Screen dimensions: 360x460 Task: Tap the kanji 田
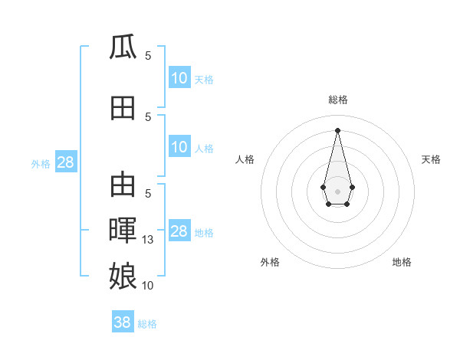tap(123, 108)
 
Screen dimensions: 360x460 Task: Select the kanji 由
tap(123, 185)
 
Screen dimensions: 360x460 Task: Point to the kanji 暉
tap(123, 230)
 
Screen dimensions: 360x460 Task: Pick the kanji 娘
tap(123, 274)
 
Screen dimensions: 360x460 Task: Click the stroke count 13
tap(148, 240)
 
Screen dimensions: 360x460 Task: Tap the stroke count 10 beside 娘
tap(148, 285)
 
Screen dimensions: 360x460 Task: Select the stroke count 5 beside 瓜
tap(148, 56)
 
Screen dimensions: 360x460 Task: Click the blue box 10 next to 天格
tap(179, 78)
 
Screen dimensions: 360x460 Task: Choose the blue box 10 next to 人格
tap(179, 147)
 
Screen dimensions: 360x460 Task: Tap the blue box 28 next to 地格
tap(179, 231)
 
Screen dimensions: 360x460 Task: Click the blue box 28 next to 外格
tap(65, 162)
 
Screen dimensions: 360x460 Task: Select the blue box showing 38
tap(123, 322)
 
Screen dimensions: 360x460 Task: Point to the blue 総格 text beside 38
tap(147, 324)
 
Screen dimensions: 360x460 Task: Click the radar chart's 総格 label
tap(337, 100)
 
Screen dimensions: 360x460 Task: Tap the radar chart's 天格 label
tap(431, 159)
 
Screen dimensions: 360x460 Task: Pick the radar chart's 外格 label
tap(270, 262)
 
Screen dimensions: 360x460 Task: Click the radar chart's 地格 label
tap(402, 262)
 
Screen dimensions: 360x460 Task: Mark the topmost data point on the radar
tap(337, 129)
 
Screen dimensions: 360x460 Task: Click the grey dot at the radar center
tap(337, 190)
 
